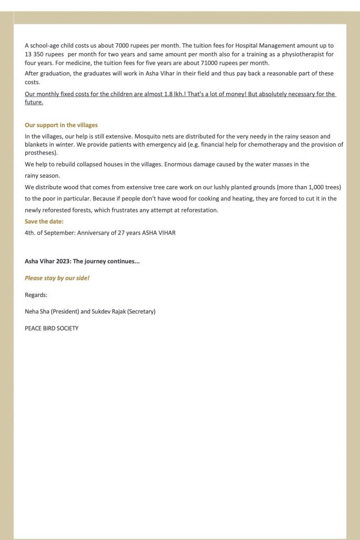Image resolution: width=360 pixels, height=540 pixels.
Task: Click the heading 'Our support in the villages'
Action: [x=61, y=125]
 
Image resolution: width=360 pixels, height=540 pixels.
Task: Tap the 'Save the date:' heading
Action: [x=44, y=221]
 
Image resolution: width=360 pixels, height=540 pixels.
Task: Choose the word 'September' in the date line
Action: [x=61, y=233]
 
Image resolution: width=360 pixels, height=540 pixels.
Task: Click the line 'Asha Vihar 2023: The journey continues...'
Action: [x=82, y=261]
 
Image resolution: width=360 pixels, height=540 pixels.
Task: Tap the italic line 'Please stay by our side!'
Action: [x=57, y=278]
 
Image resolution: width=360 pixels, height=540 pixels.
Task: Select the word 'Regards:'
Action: [x=36, y=295]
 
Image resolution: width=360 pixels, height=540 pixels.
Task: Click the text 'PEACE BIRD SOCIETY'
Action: [x=52, y=328]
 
